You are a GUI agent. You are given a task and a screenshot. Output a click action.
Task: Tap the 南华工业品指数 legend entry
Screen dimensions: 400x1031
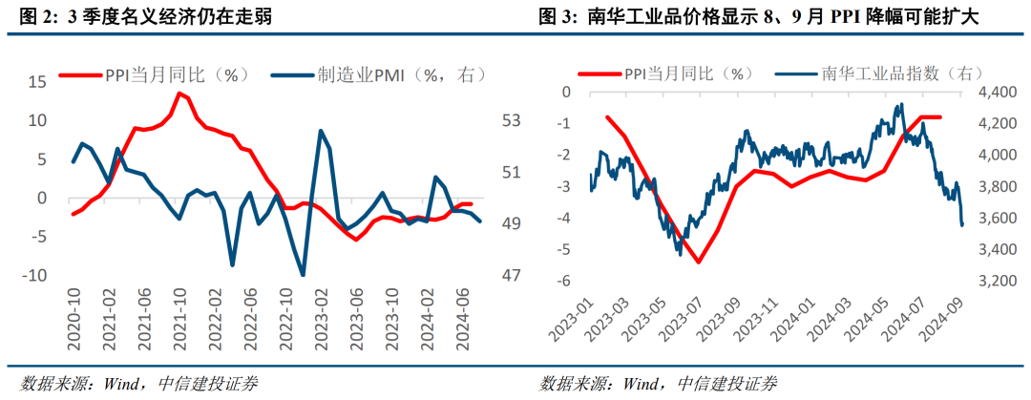pos(887,74)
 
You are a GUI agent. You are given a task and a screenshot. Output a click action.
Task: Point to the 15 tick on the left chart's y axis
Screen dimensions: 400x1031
pos(36,82)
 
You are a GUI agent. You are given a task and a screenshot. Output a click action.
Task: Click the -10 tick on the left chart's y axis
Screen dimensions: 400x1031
pos(33,276)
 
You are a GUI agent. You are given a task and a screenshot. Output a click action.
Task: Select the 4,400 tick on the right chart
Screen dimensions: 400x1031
pos(993,92)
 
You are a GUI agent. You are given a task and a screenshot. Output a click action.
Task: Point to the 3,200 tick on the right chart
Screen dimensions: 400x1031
pos(993,282)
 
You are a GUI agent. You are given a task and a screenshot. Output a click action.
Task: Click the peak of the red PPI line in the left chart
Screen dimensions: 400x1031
pos(179,92)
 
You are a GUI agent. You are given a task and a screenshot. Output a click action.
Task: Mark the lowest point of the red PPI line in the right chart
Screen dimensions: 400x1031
pos(698,262)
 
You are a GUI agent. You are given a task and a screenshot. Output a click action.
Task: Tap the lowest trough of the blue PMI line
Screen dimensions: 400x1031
pos(303,275)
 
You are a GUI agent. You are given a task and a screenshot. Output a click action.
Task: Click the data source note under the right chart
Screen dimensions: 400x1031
pos(659,384)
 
